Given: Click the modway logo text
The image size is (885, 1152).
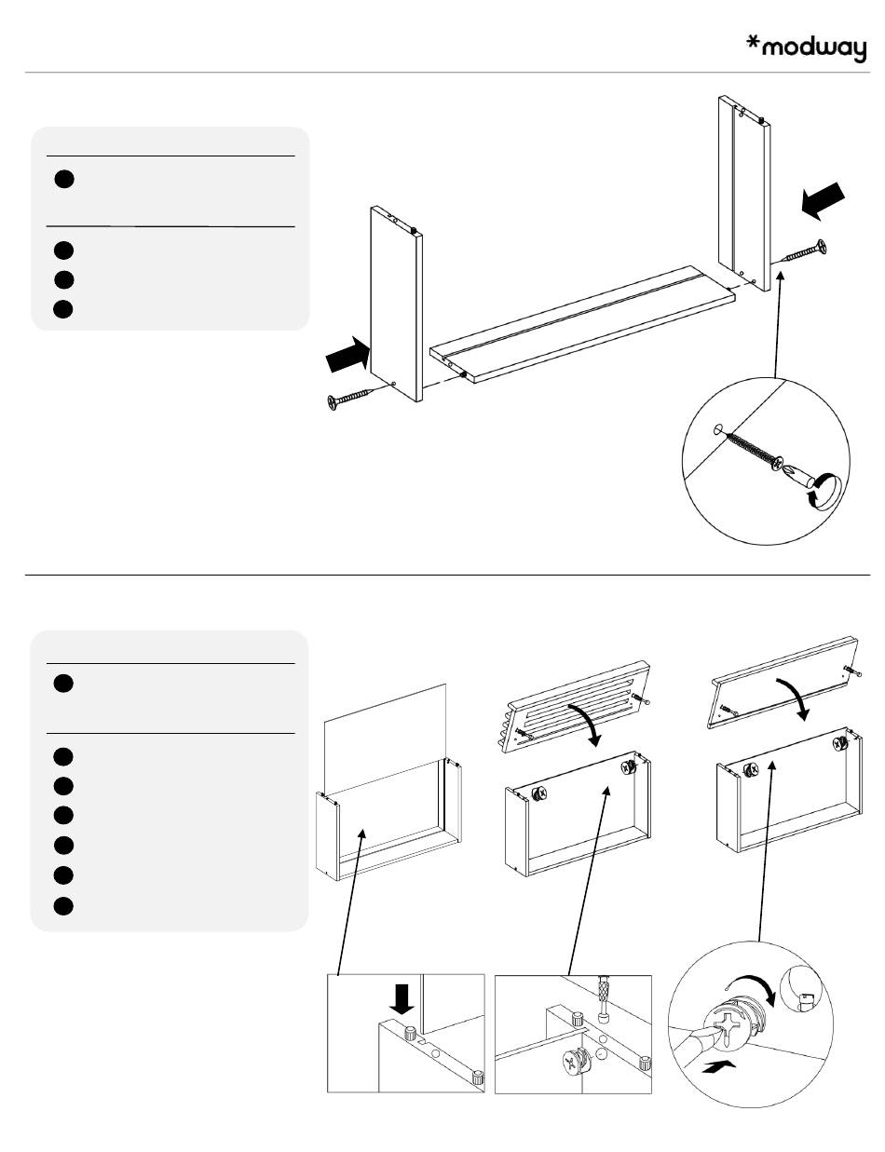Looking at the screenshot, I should [814, 49].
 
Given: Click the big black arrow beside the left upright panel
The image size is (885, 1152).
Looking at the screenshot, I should [347, 355].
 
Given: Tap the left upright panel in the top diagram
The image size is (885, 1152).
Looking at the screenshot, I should [397, 303].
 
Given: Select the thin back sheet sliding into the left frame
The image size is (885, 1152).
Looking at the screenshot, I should [385, 736].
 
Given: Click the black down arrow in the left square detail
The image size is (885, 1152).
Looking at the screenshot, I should [402, 1000].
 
